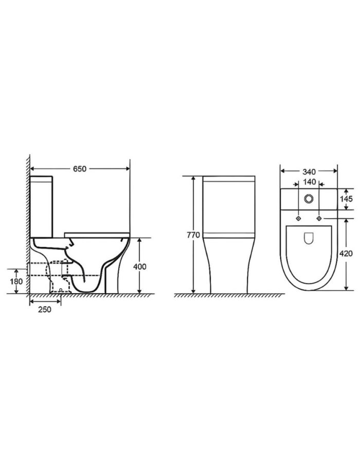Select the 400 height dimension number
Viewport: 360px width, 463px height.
[140, 266]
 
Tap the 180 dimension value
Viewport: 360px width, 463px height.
[16, 281]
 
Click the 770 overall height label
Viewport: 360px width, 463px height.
[193, 235]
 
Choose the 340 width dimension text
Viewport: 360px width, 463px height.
[309, 171]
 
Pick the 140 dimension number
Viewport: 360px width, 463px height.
[309, 182]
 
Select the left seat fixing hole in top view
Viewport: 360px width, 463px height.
[298, 219]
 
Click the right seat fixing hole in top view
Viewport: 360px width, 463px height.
[319, 219]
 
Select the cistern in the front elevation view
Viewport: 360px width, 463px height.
[229, 206]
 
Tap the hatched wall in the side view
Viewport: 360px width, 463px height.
[26, 226]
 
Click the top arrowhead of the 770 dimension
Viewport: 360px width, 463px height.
[193, 177]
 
